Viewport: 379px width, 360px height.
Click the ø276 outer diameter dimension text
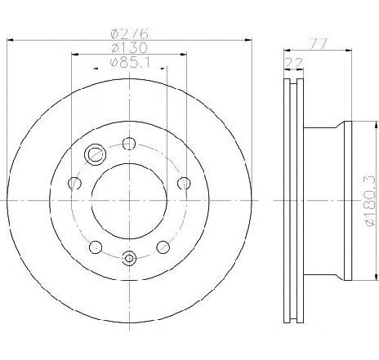130,33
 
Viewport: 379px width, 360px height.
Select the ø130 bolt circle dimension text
130,48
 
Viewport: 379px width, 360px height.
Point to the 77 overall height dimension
318,43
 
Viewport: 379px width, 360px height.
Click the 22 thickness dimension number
293,63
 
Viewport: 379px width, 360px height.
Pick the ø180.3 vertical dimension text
371,201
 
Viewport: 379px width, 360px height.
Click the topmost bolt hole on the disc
129,144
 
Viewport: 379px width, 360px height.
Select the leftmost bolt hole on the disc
74,183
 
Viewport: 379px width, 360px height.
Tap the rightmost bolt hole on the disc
184,183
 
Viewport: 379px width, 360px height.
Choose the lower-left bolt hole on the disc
96,247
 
